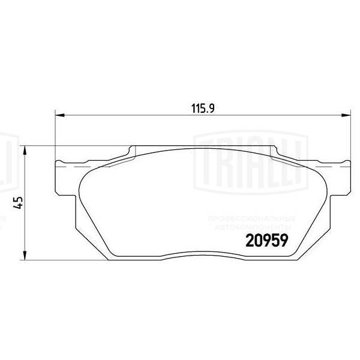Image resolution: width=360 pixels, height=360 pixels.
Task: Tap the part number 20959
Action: pos(266,240)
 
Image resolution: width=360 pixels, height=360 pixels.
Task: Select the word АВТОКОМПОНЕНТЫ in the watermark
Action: pos(251,228)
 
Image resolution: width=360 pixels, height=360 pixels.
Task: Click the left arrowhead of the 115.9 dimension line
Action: pos(59,116)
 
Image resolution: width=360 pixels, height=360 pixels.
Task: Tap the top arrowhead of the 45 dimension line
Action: pos(25,150)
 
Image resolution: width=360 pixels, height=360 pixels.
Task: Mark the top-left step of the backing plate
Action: pos(131,150)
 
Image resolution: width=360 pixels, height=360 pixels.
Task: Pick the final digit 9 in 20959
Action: pos(284,240)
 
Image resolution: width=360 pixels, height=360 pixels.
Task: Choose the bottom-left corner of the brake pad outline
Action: pos(108,259)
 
